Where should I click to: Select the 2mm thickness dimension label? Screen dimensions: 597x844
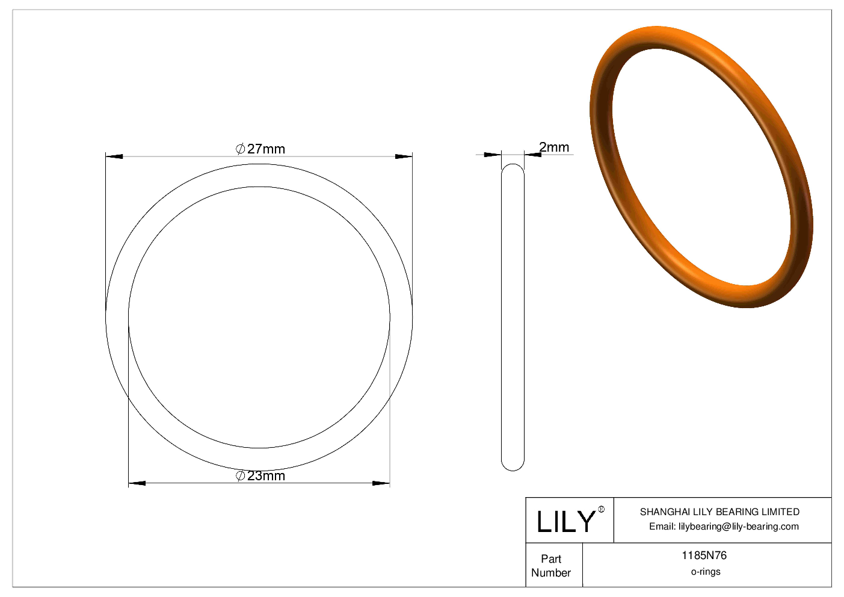click(x=553, y=147)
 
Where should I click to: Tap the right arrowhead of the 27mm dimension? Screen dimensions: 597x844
click(x=404, y=156)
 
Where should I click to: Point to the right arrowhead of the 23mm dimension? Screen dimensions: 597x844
click(x=381, y=483)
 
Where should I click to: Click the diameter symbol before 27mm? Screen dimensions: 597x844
click(x=240, y=149)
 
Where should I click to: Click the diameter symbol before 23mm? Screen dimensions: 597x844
click(x=240, y=475)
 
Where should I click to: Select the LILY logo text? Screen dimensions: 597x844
click(x=565, y=522)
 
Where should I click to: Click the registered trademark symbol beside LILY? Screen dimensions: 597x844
click(x=601, y=510)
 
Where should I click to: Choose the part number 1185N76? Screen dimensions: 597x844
click(x=704, y=555)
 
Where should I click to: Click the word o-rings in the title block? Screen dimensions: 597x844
click(x=705, y=572)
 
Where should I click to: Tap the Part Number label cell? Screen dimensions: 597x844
click(x=551, y=566)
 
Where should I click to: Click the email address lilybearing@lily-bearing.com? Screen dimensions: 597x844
click(x=739, y=527)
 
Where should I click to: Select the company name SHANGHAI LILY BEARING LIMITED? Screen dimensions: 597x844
click(x=719, y=512)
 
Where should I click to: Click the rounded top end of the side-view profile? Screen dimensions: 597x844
click(x=513, y=168)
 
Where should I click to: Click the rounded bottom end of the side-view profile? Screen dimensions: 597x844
click(x=513, y=466)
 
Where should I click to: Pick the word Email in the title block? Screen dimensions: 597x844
click(x=662, y=527)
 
